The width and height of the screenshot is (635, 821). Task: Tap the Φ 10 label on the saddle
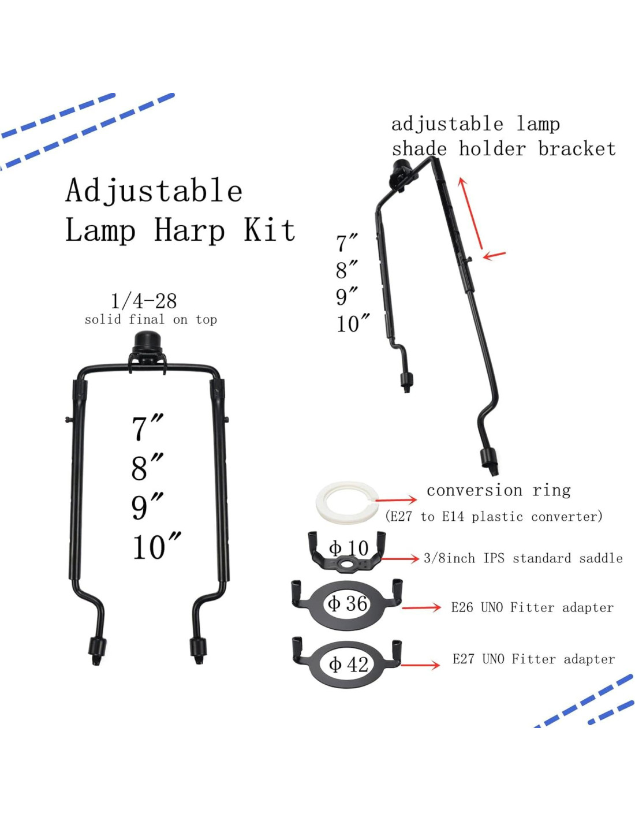pyautogui.click(x=348, y=547)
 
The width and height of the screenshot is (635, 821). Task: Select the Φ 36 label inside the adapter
pyautogui.click(x=348, y=603)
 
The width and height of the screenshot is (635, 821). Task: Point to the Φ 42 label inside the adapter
pyautogui.click(x=348, y=664)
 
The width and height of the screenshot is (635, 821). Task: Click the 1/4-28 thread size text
pyautogui.click(x=144, y=301)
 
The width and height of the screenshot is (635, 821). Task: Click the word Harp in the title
pyautogui.click(x=189, y=230)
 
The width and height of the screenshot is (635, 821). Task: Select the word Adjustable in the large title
pyautogui.click(x=154, y=191)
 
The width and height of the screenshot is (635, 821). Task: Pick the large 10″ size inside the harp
pyautogui.click(x=156, y=547)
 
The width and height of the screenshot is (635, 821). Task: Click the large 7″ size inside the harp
pyautogui.click(x=147, y=428)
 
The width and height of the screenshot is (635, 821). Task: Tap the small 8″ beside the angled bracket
pyautogui.click(x=346, y=270)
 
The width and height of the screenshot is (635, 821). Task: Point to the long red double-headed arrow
pyautogui.click(x=471, y=215)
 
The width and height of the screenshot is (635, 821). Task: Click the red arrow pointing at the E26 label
pyautogui.click(x=421, y=607)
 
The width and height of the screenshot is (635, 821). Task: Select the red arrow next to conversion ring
pyautogui.click(x=396, y=500)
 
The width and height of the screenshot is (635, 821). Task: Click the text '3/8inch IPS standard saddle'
pyautogui.click(x=523, y=558)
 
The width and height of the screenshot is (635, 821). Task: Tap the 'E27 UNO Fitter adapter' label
pyautogui.click(x=533, y=659)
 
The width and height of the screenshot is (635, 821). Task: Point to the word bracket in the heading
pyautogui.click(x=577, y=149)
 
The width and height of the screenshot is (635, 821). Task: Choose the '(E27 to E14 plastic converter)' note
pyautogui.click(x=494, y=516)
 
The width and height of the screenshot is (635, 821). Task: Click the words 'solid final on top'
pyautogui.click(x=151, y=319)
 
